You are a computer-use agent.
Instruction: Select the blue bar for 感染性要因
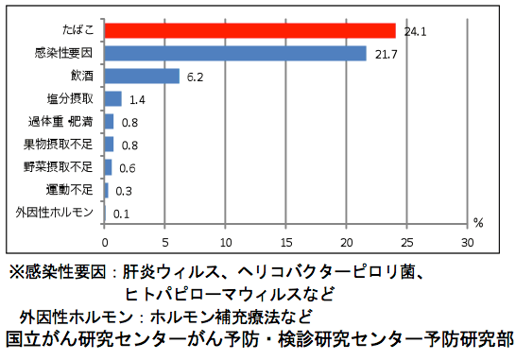235,54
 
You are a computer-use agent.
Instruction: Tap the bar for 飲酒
142,76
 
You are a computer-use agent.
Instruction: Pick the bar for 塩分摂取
112,98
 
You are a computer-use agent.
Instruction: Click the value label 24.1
416,31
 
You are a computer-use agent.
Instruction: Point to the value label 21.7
387,54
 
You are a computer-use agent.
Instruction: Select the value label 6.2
197,77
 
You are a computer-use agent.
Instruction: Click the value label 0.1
121,213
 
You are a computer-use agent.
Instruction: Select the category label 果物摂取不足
60,145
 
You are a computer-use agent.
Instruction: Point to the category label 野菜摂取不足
60,167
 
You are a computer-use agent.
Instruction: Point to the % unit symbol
477,224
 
